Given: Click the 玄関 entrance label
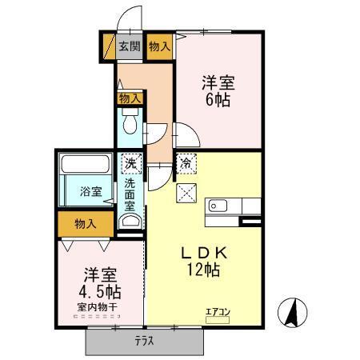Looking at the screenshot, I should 130,46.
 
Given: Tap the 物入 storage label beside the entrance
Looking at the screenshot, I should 159,46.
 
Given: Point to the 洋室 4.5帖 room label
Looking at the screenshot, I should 99,281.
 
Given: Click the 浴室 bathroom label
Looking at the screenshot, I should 90,191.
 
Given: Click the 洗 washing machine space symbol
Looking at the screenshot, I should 130,163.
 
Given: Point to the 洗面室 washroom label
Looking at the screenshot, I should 130,194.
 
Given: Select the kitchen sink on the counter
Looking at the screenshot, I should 218,206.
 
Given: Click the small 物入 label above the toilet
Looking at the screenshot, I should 130,98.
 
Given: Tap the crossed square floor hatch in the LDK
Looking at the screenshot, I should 186,192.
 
